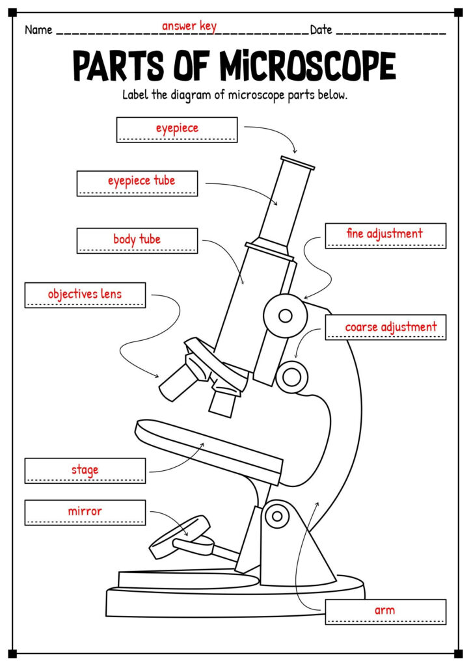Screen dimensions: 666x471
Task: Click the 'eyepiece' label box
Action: click(x=177, y=129)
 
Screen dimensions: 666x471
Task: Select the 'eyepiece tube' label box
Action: click(x=137, y=183)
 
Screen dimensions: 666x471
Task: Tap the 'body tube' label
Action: click(x=137, y=240)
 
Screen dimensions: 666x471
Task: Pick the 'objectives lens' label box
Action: click(x=85, y=295)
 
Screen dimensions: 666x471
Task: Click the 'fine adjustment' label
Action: click(x=385, y=235)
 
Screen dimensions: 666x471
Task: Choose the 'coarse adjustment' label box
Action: click(x=385, y=327)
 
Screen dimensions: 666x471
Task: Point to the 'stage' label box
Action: click(x=85, y=470)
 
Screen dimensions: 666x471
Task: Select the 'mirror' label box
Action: click(x=85, y=512)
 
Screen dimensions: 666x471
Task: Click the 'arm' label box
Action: click(x=385, y=611)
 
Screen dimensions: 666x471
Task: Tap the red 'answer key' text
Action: click(x=189, y=26)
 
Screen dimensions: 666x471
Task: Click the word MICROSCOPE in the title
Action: click(x=306, y=66)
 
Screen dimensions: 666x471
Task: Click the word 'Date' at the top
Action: click(x=321, y=30)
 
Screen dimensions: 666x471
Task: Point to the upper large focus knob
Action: click(x=285, y=315)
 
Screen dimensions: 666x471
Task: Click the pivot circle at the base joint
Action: click(x=278, y=516)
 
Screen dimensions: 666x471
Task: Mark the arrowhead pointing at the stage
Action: click(x=202, y=445)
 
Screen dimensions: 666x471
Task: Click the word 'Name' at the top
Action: click(x=38, y=30)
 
